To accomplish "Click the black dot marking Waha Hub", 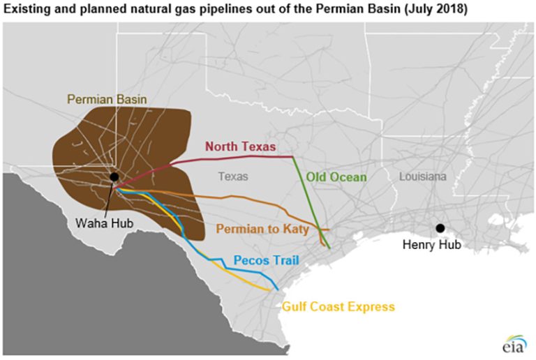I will [x=114, y=177].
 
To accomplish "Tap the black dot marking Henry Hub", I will [x=440, y=228].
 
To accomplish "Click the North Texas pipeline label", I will [x=239, y=147].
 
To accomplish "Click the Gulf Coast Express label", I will [x=338, y=306].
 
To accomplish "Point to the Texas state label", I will [x=232, y=177].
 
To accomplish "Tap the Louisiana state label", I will [x=422, y=177].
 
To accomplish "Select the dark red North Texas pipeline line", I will [x=230, y=158].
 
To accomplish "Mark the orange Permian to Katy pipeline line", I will [x=244, y=199].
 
